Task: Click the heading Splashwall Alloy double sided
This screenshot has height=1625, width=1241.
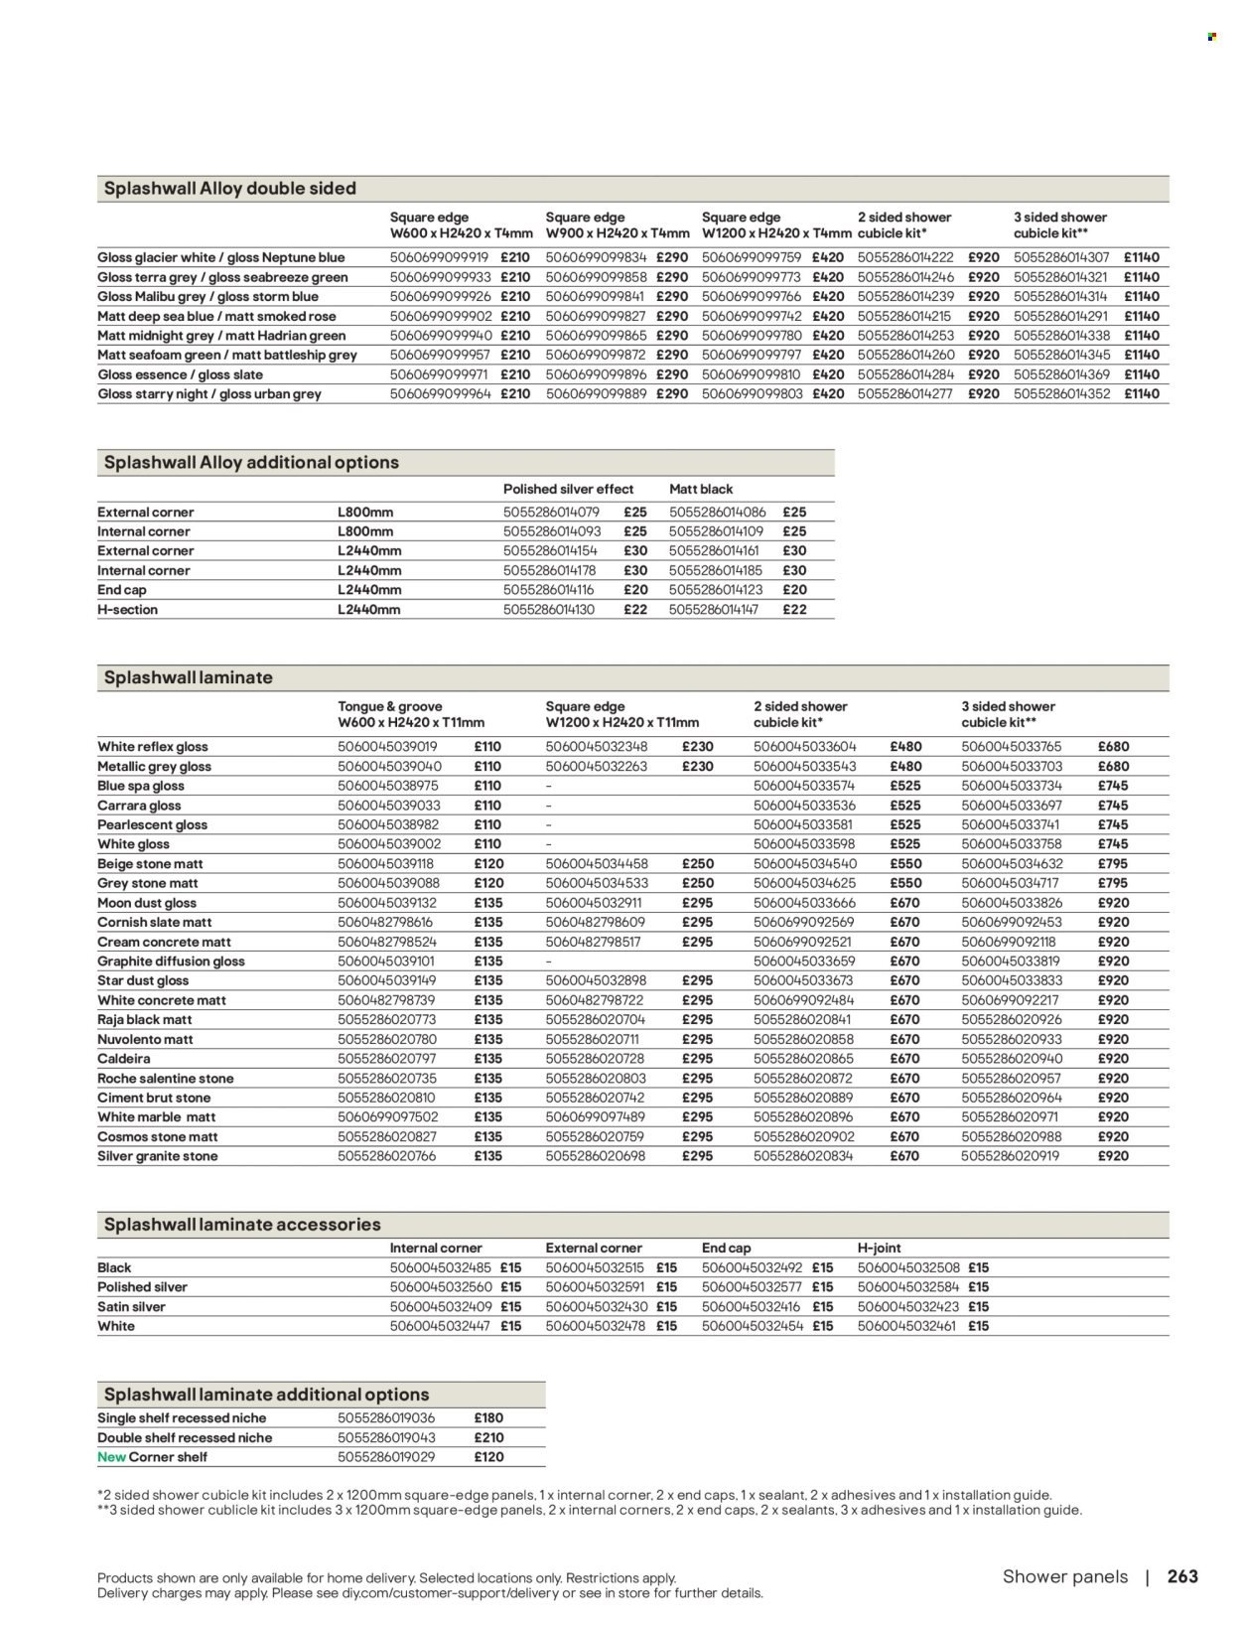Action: pos(229,189)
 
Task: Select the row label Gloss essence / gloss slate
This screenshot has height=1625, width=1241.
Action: pos(181,374)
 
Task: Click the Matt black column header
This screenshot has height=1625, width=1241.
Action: pos(701,490)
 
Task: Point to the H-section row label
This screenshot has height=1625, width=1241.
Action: pos(127,610)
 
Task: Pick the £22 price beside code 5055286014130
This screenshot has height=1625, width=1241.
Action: pos(635,610)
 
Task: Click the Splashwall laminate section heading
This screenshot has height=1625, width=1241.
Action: pos(188,678)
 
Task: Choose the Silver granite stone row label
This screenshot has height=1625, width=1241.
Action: pos(157,1156)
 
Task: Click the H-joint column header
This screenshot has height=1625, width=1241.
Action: pos(878,1249)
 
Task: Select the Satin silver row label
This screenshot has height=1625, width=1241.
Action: pos(132,1307)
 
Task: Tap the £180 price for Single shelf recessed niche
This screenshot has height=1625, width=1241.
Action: pos(489,1418)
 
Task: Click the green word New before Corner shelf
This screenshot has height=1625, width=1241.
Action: pos(111,1457)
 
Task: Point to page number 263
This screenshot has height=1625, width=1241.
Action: pos(1182,1576)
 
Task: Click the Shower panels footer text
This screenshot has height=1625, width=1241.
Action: pos(1065,1576)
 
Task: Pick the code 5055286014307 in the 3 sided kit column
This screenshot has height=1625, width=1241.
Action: pos(1061,257)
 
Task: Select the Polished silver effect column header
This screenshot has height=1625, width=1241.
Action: pos(568,490)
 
